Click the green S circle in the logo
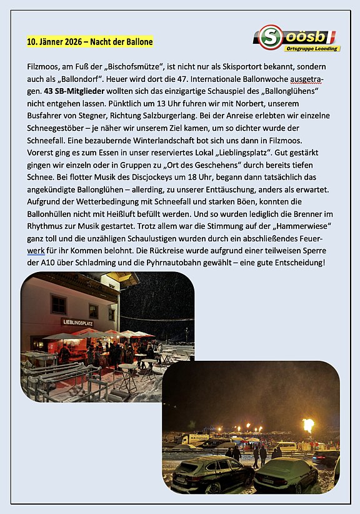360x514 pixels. tap(270, 37)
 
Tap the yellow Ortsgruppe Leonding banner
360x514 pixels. tap(312, 48)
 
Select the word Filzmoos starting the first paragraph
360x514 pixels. tap(44, 66)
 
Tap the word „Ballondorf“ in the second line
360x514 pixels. tap(79, 79)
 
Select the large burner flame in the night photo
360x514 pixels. tap(307, 426)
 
